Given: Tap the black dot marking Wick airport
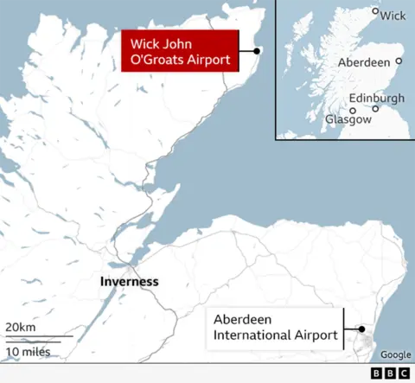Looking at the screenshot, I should (x=257, y=51).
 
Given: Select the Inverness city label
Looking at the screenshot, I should (x=129, y=281).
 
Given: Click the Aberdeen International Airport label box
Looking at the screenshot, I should (x=274, y=328).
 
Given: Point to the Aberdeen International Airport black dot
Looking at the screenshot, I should (x=361, y=329).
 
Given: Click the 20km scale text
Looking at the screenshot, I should (x=21, y=327).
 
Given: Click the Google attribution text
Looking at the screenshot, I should (x=395, y=354).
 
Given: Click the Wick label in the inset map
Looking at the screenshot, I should (x=393, y=16).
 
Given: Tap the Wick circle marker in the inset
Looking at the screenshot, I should (x=375, y=12).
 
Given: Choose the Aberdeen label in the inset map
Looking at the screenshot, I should (x=362, y=63).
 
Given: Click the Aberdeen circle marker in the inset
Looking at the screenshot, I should (x=399, y=61).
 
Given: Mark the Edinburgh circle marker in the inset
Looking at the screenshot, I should (x=375, y=109).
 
